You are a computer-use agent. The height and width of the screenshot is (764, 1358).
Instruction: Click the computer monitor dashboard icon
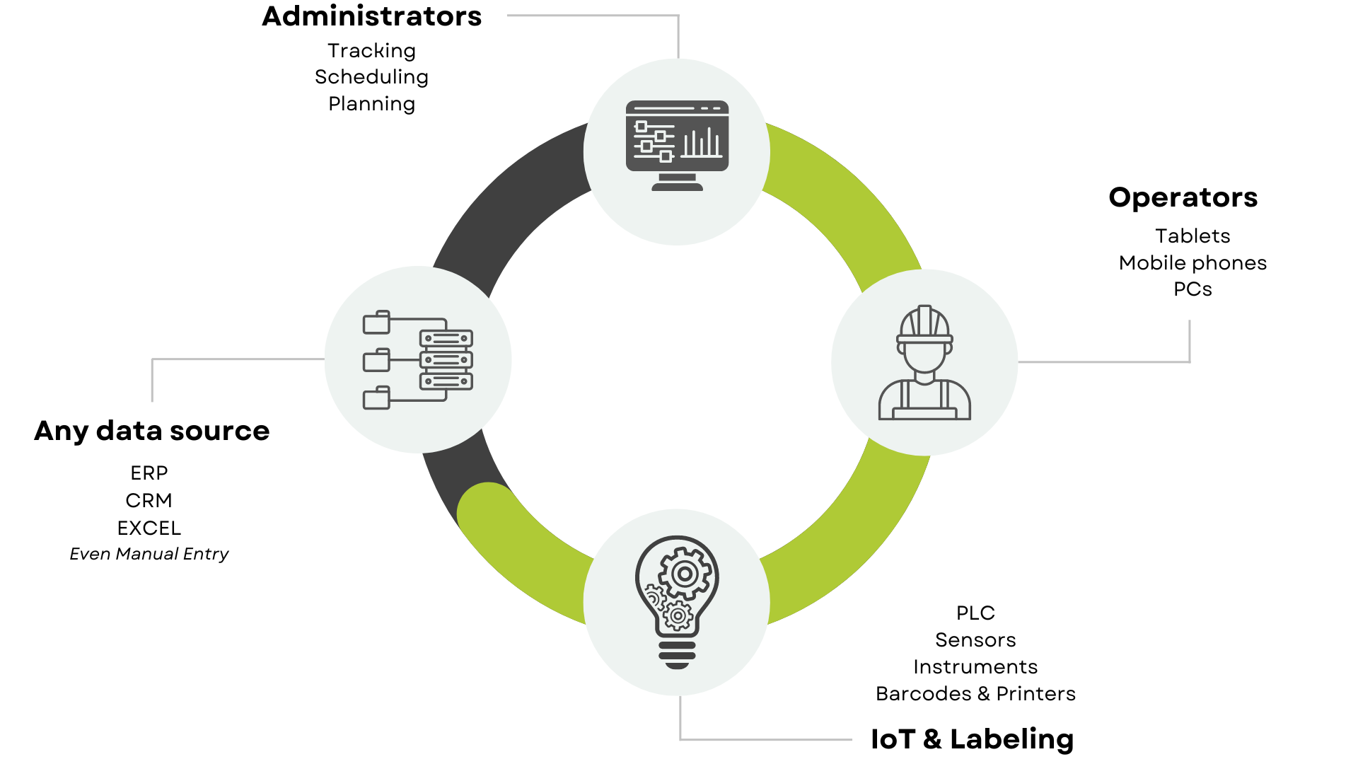point(677,145)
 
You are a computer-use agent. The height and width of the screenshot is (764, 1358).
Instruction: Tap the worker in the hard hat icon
point(924,363)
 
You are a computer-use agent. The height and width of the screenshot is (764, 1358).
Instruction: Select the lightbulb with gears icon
point(677,601)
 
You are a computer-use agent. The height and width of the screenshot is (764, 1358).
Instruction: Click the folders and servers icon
point(417,360)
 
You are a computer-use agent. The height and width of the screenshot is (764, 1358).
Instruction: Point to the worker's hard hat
point(924,324)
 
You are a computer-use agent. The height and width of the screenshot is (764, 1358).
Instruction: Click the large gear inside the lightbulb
point(684,574)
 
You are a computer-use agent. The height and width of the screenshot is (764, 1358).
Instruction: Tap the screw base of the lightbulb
point(677,654)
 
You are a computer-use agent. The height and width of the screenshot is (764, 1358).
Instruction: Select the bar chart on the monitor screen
point(701,143)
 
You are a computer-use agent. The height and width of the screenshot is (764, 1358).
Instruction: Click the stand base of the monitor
point(677,187)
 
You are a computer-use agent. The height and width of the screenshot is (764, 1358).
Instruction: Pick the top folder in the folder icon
point(376,323)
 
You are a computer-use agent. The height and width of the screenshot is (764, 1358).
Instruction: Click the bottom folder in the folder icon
point(376,398)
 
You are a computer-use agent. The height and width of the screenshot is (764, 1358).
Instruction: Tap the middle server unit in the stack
point(446,360)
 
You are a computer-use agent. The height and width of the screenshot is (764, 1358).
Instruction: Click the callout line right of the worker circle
point(1103,362)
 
